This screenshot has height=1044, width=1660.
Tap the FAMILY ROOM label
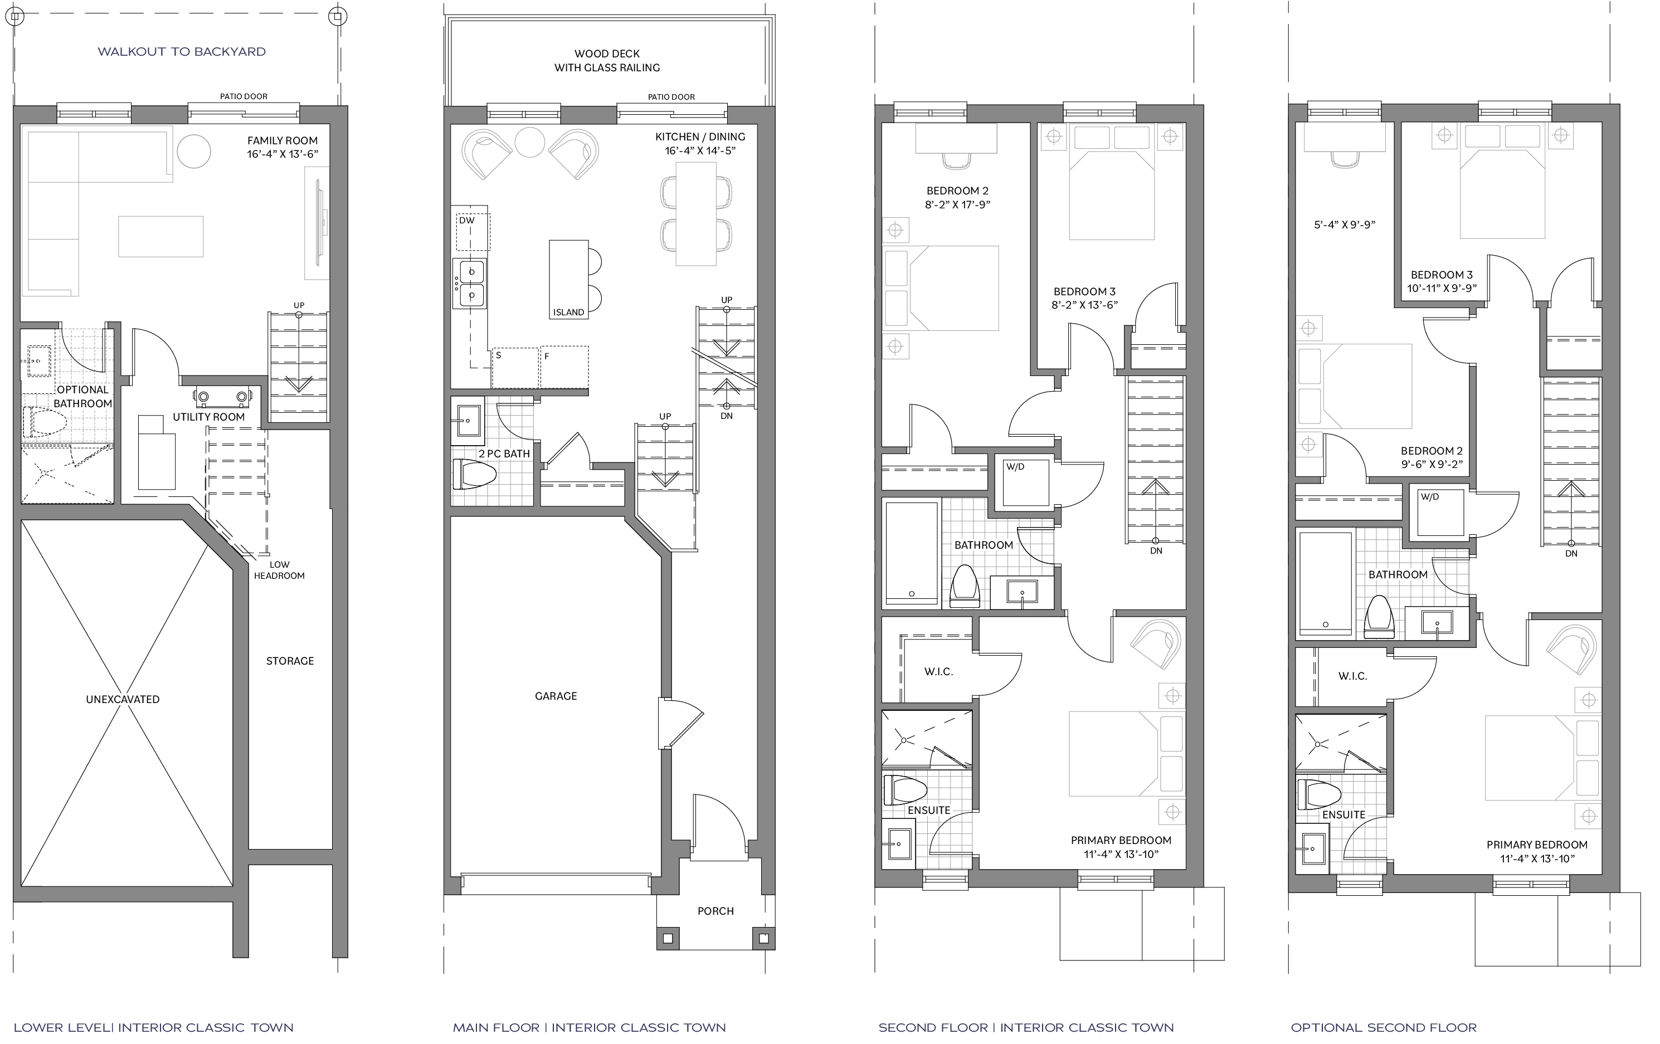[x=283, y=140]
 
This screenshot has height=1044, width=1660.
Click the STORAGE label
[x=290, y=661]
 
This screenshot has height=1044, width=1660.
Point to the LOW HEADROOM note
[x=279, y=570]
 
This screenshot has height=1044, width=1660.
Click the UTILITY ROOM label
[x=209, y=417]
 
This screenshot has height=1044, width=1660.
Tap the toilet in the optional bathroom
[x=45, y=422]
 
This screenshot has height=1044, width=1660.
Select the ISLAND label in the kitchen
[x=569, y=312]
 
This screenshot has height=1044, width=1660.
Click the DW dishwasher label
[x=467, y=221]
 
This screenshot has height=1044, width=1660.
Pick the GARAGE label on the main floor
[x=556, y=696]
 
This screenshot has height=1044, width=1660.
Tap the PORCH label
[x=715, y=911]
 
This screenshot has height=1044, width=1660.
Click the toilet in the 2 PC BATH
[x=475, y=474]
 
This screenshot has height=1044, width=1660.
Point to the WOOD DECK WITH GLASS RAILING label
[x=607, y=61]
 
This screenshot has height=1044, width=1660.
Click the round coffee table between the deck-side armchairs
[x=529, y=142]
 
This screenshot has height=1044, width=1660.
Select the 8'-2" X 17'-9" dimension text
[x=957, y=204]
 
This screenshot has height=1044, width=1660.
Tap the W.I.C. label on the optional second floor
[x=1352, y=676]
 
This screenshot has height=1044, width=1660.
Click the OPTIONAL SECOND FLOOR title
[x=1384, y=1027]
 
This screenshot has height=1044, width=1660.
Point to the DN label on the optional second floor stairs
[x=1571, y=553]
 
